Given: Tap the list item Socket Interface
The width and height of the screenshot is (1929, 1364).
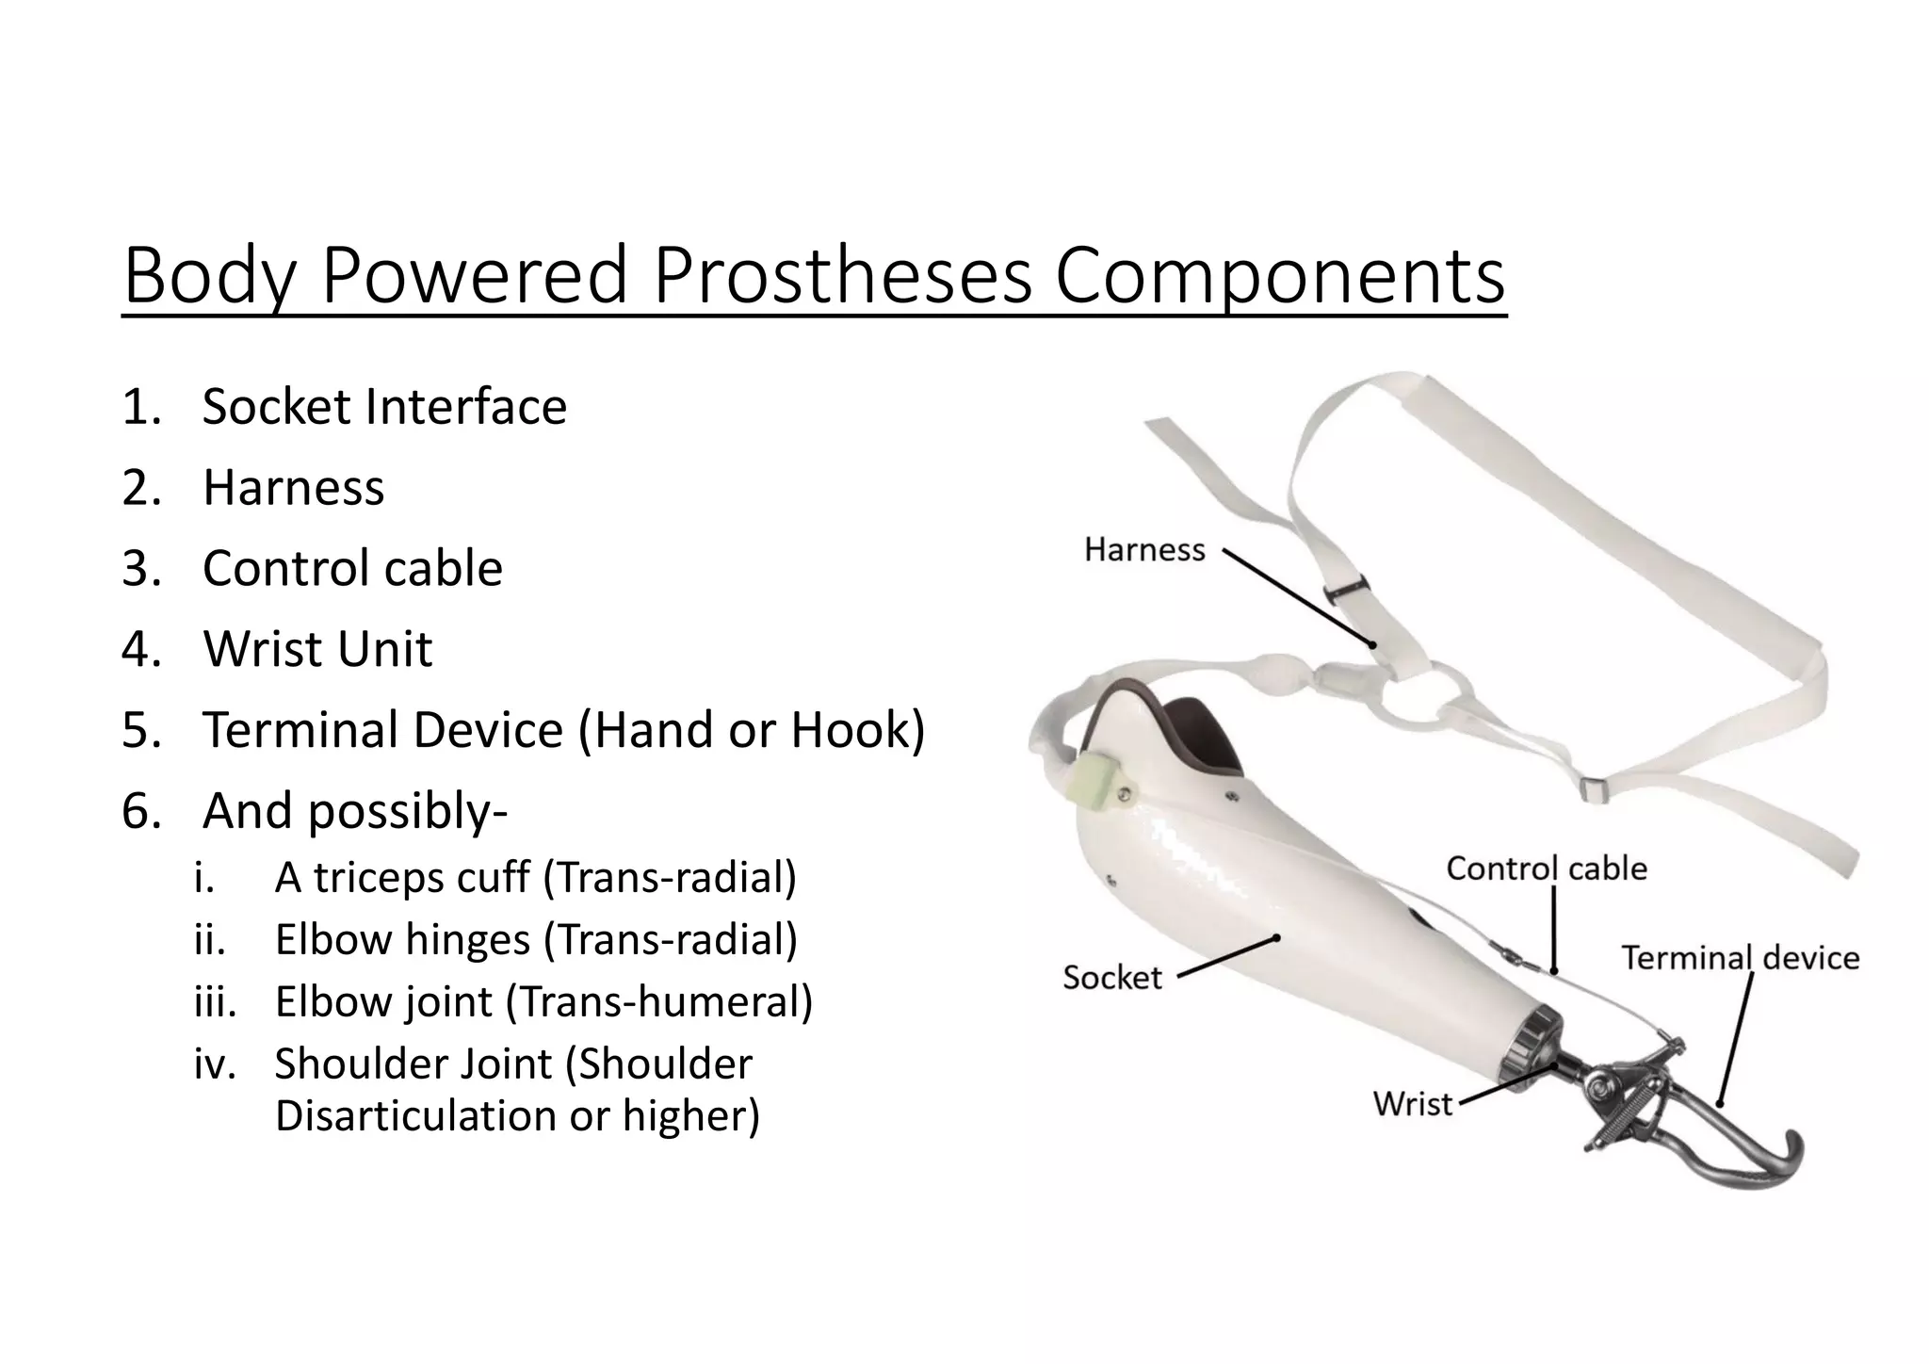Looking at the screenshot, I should click(384, 407).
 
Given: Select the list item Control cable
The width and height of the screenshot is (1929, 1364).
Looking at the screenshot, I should click(352, 568).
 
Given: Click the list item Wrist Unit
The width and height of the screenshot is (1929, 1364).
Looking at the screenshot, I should click(317, 649).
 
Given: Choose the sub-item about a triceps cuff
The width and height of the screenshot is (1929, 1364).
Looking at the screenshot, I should click(535, 877).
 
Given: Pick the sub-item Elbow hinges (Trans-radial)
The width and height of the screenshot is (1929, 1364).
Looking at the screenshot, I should click(535, 939).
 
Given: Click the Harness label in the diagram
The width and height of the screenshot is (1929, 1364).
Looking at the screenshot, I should click(1144, 549).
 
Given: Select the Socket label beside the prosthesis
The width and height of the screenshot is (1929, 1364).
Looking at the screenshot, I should click(1112, 977).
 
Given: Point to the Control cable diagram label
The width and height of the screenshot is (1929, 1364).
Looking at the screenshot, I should click(1547, 869).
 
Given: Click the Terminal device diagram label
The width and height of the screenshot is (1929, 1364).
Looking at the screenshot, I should click(1740, 958).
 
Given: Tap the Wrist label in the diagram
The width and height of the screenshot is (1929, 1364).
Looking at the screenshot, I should click(1413, 1103).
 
